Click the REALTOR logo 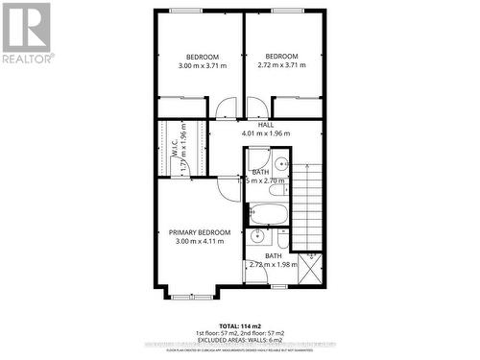tap(26, 33)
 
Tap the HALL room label tap(265, 125)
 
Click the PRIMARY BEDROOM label tap(200, 232)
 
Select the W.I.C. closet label tap(176, 149)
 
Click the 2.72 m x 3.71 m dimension tap(281, 65)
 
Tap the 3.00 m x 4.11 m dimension tap(200, 242)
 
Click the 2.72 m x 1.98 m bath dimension tap(274, 265)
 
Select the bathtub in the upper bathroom tap(269, 213)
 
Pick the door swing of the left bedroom tap(225, 108)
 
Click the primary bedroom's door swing tap(228, 187)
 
